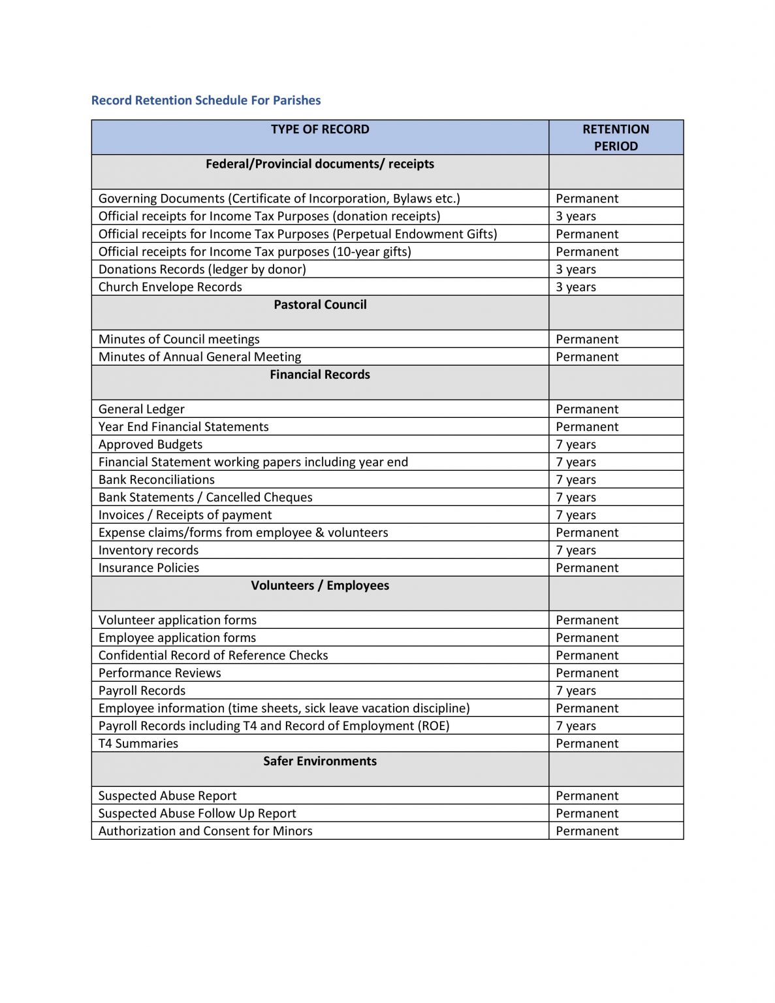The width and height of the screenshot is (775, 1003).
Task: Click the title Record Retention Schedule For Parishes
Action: click(206, 101)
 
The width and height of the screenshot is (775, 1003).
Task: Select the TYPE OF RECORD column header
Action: click(320, 129)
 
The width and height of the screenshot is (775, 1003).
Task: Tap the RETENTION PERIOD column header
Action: click(616, 137)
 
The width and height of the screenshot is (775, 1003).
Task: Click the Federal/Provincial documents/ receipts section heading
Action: click(320, 164)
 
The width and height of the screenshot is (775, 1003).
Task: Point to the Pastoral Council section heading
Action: click(320, 304)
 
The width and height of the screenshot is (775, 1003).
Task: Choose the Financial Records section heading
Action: click(320, 374)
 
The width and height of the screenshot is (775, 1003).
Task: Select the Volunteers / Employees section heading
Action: click(320, 585)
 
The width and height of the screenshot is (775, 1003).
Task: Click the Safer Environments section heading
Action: click(320, 761)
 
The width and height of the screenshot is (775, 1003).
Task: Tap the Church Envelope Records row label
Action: click(170, 287)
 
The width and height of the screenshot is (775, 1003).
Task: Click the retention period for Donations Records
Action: click(576, 269)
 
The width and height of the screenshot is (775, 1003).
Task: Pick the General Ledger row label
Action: click(142, 409)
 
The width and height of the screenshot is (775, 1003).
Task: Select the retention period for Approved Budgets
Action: click(576, 444)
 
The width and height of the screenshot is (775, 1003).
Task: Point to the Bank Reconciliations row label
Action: click(157, 479)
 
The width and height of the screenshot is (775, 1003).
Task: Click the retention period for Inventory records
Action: click(576, 550)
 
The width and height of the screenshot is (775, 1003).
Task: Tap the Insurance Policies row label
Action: click(149, 567)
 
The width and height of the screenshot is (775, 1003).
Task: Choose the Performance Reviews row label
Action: click(159, 673)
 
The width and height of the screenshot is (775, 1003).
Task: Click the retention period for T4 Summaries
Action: click(587, 743)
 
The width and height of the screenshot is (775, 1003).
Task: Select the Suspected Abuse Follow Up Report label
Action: click(197, 813)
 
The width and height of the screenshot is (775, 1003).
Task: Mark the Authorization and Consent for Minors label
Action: click(205, 831)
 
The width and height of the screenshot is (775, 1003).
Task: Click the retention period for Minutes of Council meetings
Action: click(587, 339)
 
